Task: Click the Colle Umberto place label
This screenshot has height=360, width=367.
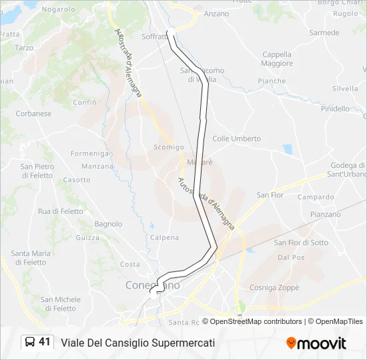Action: point(236,139)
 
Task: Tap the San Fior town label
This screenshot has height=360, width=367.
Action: point(270,195)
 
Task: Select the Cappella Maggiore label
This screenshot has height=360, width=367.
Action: point(277,59)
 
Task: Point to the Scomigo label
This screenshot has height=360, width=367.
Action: point(168,147)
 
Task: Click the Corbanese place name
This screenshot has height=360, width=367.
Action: point(33,113)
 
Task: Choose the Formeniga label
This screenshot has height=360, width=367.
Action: point(89,153)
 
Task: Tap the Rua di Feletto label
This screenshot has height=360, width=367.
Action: point(61,211)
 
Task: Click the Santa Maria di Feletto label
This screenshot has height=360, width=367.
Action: point(31,258)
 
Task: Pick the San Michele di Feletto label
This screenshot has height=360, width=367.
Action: point(60,304)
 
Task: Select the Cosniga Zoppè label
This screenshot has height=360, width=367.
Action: point(274,287)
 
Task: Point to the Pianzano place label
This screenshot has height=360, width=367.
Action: point(325,215)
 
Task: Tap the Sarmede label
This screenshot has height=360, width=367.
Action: point(324,33)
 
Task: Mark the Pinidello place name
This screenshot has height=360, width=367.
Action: point(335,109)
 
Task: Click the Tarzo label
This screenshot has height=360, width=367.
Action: point(24,48)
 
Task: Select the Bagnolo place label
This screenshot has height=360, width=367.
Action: point(108,224)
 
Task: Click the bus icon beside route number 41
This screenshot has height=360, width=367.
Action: point(30,342)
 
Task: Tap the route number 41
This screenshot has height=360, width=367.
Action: point(45,342)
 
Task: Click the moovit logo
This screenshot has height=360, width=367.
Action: point(316,343)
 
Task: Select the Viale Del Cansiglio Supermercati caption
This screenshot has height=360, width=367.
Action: point(138,343)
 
